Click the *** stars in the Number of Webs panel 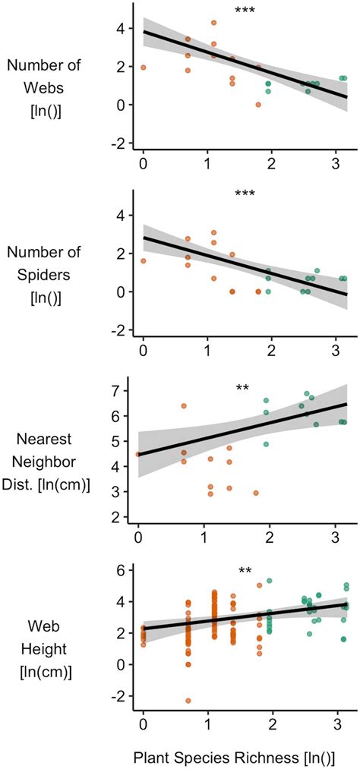click(245, 11)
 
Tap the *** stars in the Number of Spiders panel click(245, 194)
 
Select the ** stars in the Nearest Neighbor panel click(242, 389)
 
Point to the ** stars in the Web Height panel click(245, 572)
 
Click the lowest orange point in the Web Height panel click(188, 701)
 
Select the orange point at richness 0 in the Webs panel click(144, 68)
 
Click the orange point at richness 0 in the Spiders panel click(144, 260)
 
